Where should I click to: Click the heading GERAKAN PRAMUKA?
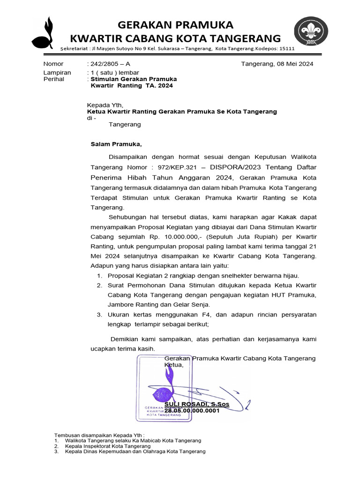pyautogui.click(x=175, y=24)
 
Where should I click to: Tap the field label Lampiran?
pyautogui.click(x=57, y=73)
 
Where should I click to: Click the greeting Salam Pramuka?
pyautogui.click(x=115, y=144)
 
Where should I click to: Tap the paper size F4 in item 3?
pyautogui.click(x=219, y=315)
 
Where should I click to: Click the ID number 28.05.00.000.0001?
pyautogui.click(x=192, y=411)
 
